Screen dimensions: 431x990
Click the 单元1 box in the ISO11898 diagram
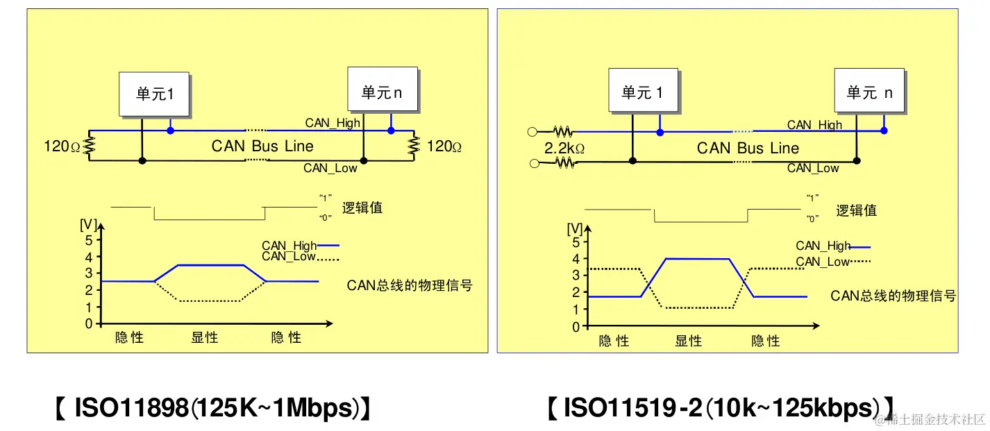(x=154, y=94)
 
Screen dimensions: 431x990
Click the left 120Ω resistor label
(x=62, y=146)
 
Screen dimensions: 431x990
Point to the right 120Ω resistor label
(x=444, y=146)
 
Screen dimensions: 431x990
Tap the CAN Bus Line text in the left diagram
(x=262, y=146)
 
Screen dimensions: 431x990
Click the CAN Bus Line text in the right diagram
(x=748, y=148)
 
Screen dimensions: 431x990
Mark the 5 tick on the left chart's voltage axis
(x=88, y=240)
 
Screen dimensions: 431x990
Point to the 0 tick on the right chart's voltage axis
(x=576, y=327)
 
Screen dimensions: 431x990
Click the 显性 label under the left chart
(x=205, y=338)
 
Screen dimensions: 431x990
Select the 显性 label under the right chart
(x=689, y=341)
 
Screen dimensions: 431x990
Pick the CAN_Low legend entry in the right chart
(x=832, y=262)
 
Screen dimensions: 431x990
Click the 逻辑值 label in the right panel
(x=856, y=210)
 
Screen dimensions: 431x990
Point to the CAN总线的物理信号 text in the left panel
(x=410, y=285)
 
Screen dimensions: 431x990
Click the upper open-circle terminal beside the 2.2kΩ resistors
(x=533, y=130)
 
